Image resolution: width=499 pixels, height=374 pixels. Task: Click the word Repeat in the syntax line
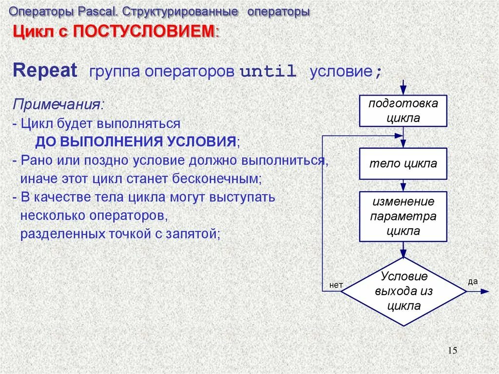(45, 71)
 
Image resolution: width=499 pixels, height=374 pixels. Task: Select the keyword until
(268, 72)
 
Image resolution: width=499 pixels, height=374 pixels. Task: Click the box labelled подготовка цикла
(403, 111)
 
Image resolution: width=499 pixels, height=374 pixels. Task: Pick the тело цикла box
(403, 163)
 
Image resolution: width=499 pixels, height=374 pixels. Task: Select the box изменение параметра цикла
(403, 217)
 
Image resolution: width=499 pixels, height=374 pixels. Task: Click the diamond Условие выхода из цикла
(403, 292)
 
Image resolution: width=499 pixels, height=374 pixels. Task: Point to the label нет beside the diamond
(336, 285)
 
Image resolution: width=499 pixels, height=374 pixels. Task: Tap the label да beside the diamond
(472, 281)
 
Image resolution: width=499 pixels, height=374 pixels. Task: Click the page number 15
(452, 351)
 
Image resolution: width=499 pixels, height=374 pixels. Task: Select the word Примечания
(58, 104)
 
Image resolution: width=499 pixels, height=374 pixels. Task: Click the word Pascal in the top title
(92, 11)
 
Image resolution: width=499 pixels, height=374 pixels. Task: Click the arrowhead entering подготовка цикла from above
(403, 91)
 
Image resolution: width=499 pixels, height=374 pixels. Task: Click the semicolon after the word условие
(378, 73)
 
